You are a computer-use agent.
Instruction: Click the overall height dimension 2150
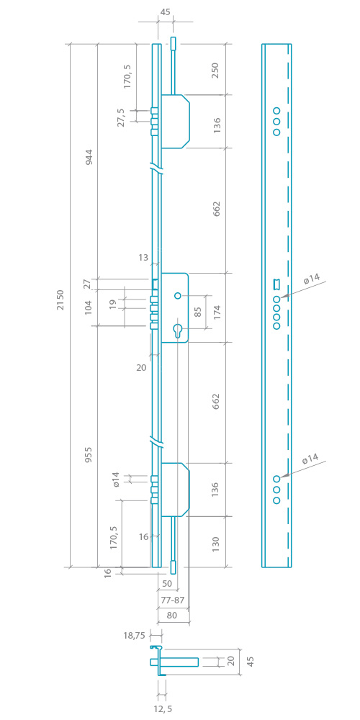[60, 300]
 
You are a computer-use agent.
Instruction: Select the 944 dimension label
[89, 157]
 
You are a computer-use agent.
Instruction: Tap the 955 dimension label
[89, 454]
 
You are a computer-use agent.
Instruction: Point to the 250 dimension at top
[216, 71]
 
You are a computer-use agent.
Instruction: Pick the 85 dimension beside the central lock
[198, 312]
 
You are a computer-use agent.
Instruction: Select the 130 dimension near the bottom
[216, 544]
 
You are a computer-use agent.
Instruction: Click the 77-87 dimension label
[173, 599]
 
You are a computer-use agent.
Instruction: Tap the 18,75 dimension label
[134, 636]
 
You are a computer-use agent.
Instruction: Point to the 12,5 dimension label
[163, 709]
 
